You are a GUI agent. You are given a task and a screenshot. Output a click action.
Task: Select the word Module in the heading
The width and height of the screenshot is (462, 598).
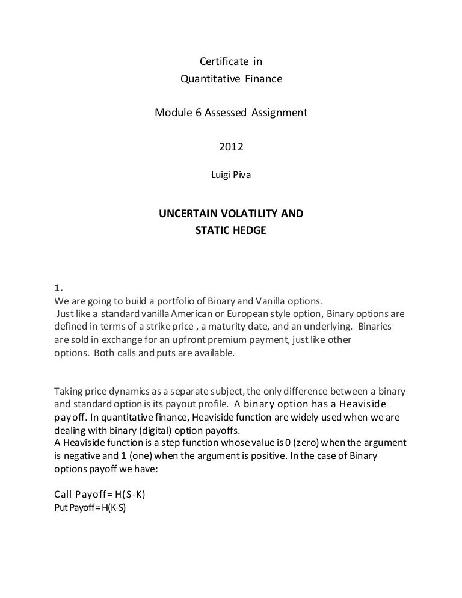pyautogui.click(x=171, y=112)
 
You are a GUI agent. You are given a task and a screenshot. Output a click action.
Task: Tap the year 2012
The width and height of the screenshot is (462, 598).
pyautogui.click(x=231, y=146)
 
